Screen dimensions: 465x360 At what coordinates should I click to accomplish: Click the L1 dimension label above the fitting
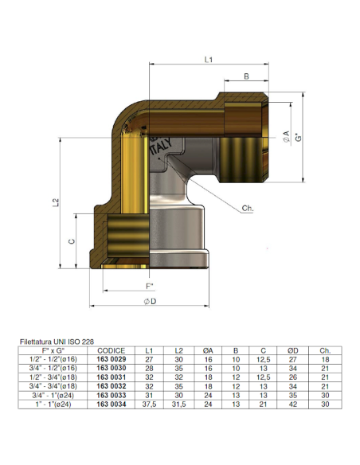coord(207,59)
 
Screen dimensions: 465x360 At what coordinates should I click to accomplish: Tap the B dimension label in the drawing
coord(245,77)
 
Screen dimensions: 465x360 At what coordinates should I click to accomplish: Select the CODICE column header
coord(111,350)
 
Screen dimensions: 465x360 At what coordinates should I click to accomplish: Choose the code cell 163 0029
coord(111,360)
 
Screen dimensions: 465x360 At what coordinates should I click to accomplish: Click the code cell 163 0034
coord(111,404)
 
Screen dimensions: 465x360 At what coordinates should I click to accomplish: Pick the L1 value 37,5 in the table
coord(149,404)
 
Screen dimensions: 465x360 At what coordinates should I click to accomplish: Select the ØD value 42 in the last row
coord(294,404)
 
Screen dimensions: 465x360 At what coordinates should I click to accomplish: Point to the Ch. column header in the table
coord(324,350)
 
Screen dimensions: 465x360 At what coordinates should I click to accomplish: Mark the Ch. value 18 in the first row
coord(324,360)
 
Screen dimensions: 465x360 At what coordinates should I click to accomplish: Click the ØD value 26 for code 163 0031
coord(294,377)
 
